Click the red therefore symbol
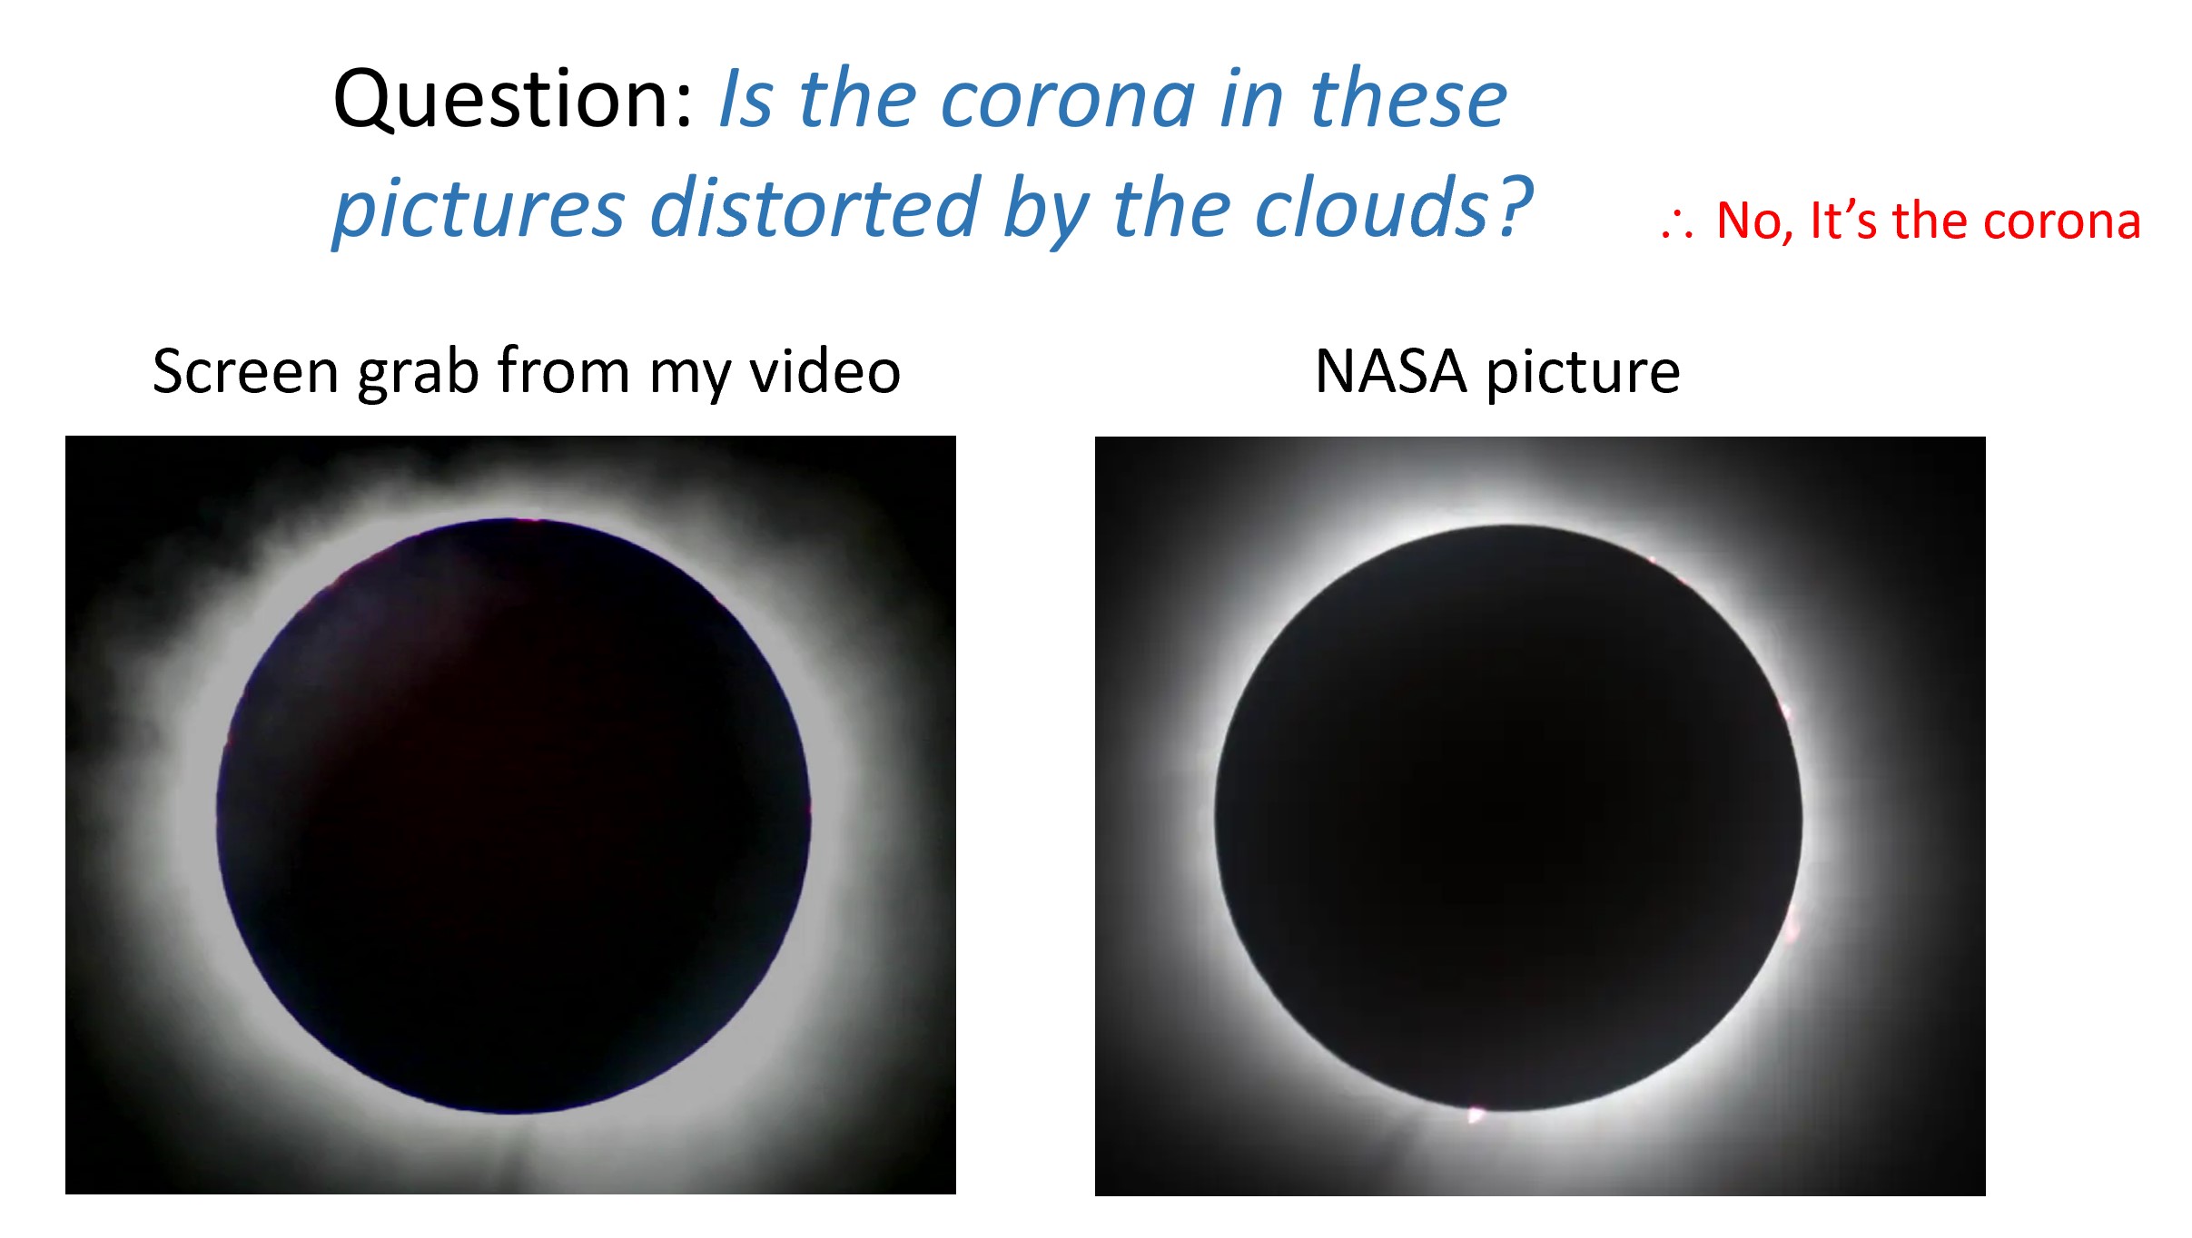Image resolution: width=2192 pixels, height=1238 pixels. (x=1676, y=223)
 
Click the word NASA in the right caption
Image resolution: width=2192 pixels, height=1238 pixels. (x=1391, y=371)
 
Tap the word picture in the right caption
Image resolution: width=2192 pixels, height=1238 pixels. (x=1583, y=374)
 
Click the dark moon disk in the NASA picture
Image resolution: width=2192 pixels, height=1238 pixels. (x=1508, y=818)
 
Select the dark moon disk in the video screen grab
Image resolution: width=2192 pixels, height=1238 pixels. (x=513, y=816)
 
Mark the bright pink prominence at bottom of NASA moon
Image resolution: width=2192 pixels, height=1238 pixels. (x=1476, y=1114)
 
